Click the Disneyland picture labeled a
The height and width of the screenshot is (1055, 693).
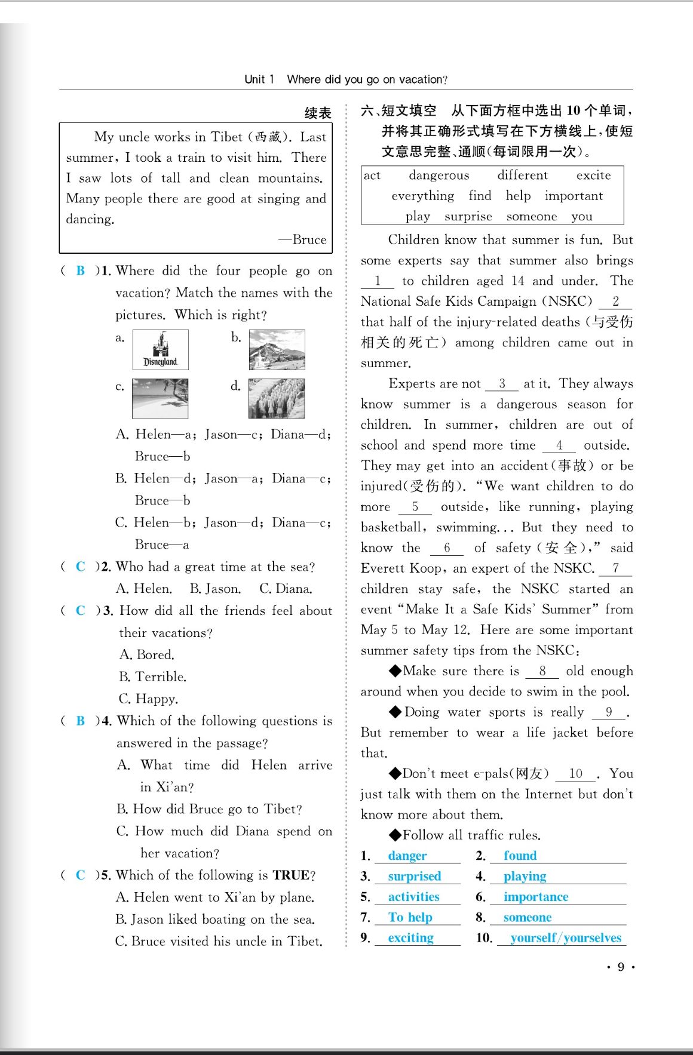[x=160, y=350]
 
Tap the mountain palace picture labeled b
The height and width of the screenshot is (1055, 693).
[x=277, y=350]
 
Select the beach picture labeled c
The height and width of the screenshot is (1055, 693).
[x=160, y=398]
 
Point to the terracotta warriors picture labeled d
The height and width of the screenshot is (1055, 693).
[x=277, y=398]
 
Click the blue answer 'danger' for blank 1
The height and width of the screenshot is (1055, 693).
[x=407, y=856]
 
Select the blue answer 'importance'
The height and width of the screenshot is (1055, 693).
[x=536, y=897]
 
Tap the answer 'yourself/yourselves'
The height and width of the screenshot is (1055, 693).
[x=566, y=938]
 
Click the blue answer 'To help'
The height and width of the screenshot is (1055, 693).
[x=410, y=917]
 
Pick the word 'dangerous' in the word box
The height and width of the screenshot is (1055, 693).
[x=439, y=175]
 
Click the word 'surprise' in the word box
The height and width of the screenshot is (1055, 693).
[x=468, y=216]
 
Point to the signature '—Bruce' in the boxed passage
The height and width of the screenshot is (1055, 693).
[x=303, y=239]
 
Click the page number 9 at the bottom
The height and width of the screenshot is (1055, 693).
[x=621, y=967]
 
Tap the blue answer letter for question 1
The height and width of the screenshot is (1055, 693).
[x=81, y=270]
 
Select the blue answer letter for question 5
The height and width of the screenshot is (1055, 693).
[x=81, y=875]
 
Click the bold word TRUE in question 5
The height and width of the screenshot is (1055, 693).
[x=291, y=875]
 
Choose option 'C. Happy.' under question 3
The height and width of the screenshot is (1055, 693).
[x=148, y=699]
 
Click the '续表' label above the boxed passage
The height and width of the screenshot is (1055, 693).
[x=318, y=113]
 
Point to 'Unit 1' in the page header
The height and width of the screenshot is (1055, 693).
[x=259, y=79]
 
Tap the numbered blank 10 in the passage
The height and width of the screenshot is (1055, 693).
[x=575, y=774]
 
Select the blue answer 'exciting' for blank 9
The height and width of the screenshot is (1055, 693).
[x=411, y=938]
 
